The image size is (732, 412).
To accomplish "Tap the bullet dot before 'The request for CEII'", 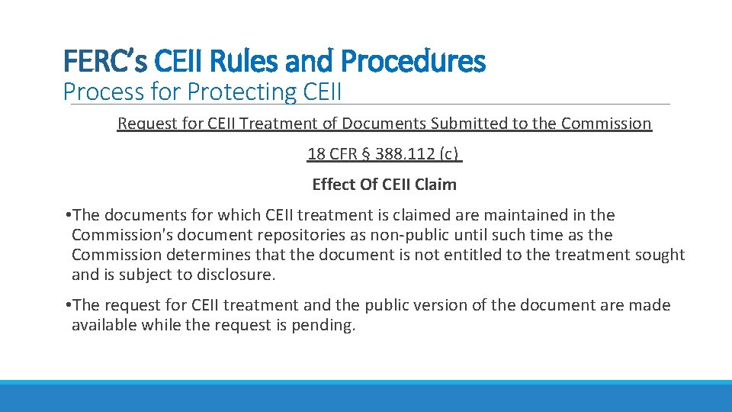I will pyautogui.click(x=68, y=305).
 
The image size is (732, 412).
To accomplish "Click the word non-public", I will pyautogui.click(x=385, y=235).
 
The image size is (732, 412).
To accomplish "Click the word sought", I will pyautogui.click(x=660, y=255).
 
